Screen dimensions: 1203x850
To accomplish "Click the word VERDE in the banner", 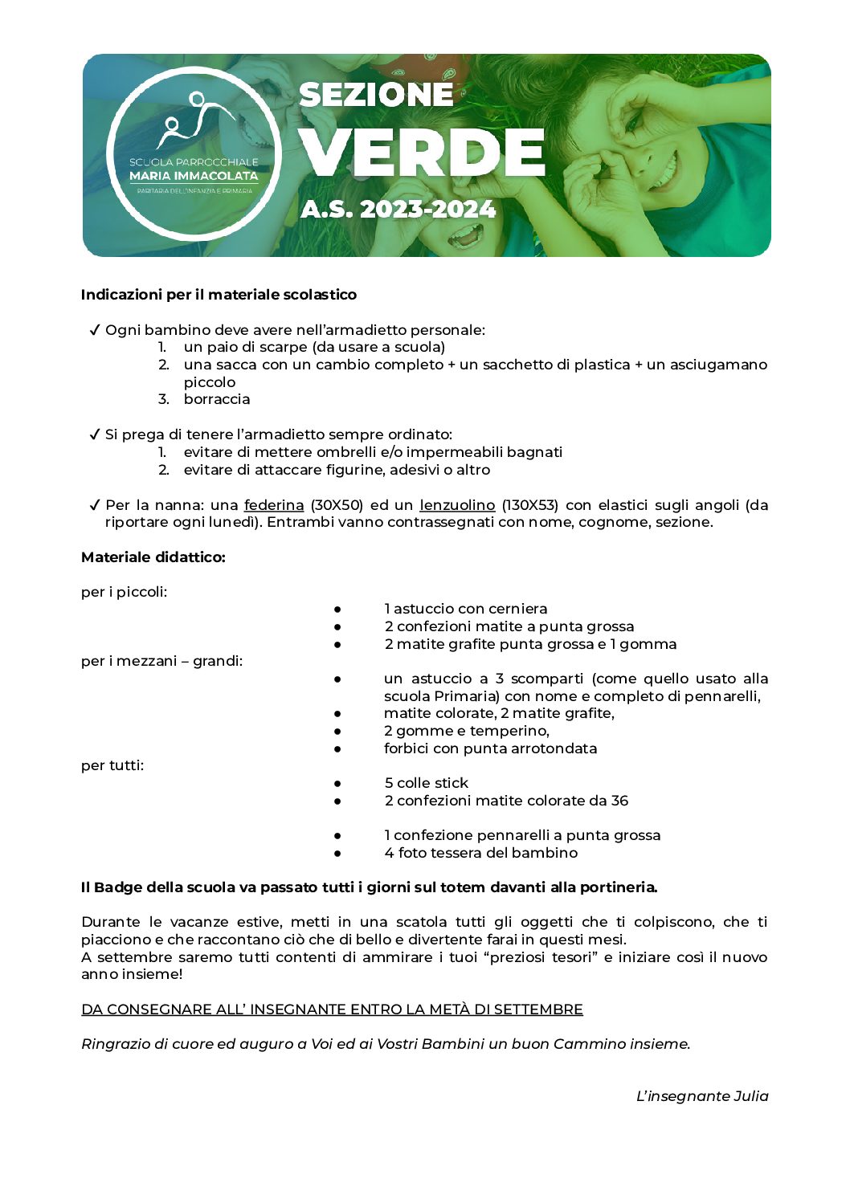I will click(x=422, y=153).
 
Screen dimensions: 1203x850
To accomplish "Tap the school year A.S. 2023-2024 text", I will click(x=398, y=209).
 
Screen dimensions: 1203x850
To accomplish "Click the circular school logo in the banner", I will click(x=194, y=153).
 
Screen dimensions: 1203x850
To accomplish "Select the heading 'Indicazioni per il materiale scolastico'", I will click(x=219, y=295).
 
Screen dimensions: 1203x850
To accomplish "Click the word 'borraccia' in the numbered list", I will click(x=217, y=399).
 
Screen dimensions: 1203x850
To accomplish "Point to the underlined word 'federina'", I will click(x=274, y=505).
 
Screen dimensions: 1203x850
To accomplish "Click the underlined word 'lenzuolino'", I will click(x=457, y=505).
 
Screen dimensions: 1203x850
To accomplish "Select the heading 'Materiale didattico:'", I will click(x=153, y=557).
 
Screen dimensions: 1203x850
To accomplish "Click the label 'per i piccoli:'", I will click(x=124, y=592).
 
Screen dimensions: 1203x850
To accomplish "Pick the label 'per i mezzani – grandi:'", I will click(x=161, y=661).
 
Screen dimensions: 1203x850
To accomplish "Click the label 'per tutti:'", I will click(x=112, y=765).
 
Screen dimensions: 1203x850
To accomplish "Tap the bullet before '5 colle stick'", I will click(x=338, y=783).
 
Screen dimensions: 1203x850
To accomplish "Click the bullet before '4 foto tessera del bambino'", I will click(x=338, y=853).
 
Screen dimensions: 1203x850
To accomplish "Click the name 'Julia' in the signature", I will click(x=750, y=1096).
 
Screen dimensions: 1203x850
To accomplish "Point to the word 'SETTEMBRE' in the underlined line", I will click(x=538, y=1009).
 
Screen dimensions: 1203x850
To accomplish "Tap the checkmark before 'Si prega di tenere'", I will click(x=94, y=434).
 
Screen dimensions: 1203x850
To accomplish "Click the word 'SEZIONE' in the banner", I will click(x=376, y=95).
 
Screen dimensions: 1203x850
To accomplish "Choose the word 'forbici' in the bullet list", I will click(x=407, y=748).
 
